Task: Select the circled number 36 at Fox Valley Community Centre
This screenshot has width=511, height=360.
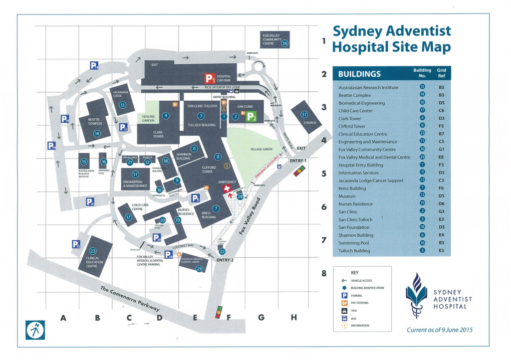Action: [x=285, y=43]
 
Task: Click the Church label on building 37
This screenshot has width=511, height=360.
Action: [x=310, y=123]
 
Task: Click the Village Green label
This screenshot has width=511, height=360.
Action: [x=261, y=149]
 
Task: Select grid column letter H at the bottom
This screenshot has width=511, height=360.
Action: [x=294, y=317]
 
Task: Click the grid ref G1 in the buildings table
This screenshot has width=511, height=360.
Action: [x=441, y=149]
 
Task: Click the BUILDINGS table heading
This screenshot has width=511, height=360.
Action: [x=359, y=74]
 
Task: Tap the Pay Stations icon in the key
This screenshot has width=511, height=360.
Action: [x=344, y=303]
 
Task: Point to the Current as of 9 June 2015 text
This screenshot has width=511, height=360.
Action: [x=440, y=330]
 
